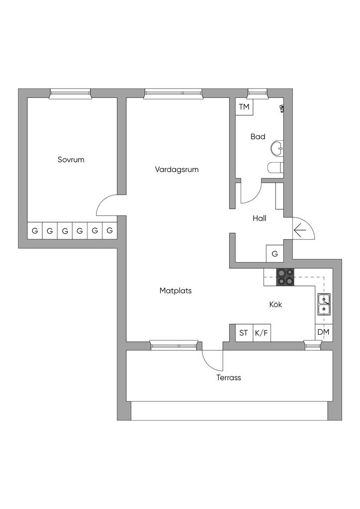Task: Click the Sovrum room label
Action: pyautogui.click(x=71, y=160)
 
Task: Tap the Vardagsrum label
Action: pyautogui.click(x=177, y=170)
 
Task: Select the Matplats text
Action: pyautogui.click(x=176, y=291)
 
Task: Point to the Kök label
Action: pyautogui.click(x=275, y=305)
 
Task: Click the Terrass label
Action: pyautogui.click(x=229, y=378)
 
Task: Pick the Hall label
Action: pyautogui.click(x=260, y=218)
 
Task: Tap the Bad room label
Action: pyautogui.click(x=258, y=137)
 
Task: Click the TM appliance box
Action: pyautogui.click(x=244, y=107)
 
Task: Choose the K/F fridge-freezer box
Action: pyautogui.click(x=262, y=333)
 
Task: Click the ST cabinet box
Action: pyautogui.click(x=244, y=333)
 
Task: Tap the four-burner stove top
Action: pyautogui.click(x=285, y=277)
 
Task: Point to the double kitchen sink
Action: pyautogui.click(x=324, y=304)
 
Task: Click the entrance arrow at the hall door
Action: pyautogui.click(x=299, y=230)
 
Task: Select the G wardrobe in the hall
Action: pyautogui.click(x=275, y=254)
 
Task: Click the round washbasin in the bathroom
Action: pyautogui.click(x=277, y=148)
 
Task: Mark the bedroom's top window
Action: pyautogui.click(x=71, y=93)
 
